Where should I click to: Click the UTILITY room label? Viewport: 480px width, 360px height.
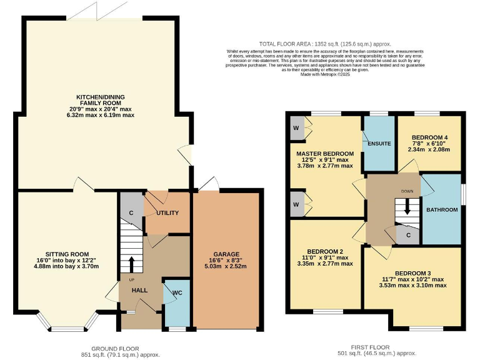click(167, 213)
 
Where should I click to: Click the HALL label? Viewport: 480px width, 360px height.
click(139, 290)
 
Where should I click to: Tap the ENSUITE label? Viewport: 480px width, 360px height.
click(379, 144)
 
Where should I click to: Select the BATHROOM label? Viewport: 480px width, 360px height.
click(442, 209)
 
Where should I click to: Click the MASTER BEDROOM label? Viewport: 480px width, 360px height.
click(325, 153)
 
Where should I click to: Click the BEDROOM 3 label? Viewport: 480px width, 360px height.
click(412, 273)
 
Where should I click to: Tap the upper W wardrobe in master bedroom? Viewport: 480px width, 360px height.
click(294, 128)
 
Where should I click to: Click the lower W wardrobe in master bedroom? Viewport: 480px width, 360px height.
click(294, 204)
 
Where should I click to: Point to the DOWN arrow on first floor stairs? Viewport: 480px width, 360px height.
click(407, 207)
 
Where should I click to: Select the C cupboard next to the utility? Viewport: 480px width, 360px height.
click(131, 213)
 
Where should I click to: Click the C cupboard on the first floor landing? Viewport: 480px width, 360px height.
click(407, 235)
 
